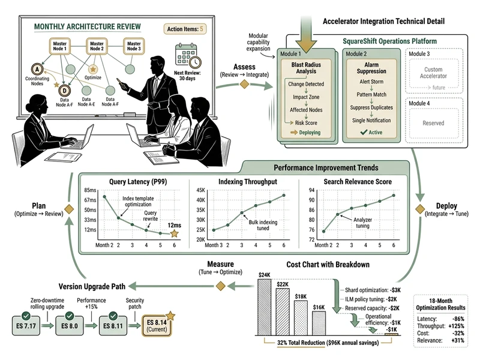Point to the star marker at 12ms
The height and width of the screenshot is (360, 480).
pos(174,233)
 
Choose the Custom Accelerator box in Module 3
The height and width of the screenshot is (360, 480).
pos(433,73)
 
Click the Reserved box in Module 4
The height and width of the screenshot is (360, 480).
pos(433,123)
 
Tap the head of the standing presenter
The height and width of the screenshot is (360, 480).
pos(158,62)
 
